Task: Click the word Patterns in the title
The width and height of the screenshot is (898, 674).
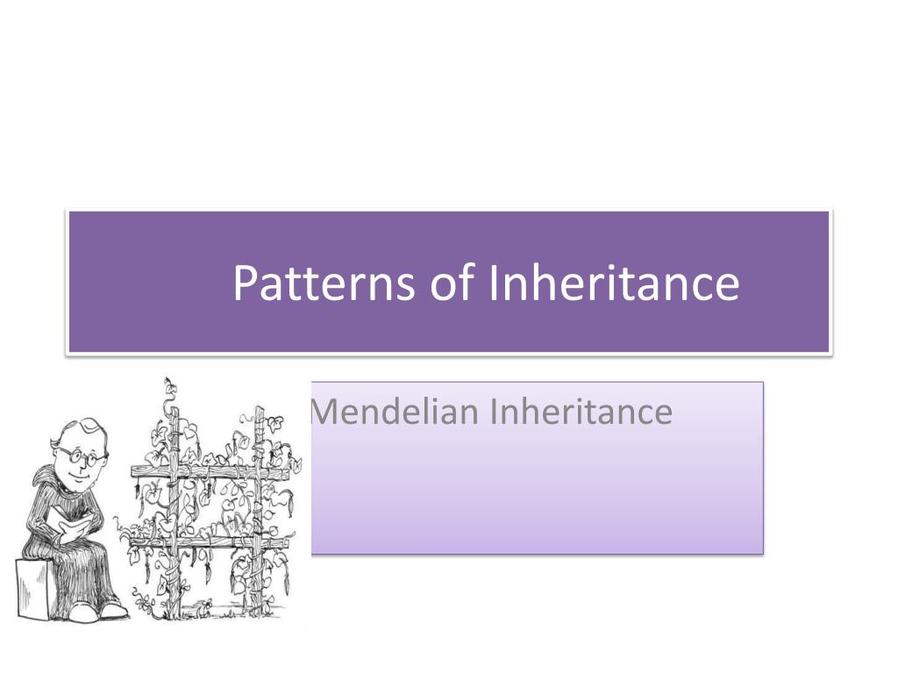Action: pyautogui.click(x=324, y=283)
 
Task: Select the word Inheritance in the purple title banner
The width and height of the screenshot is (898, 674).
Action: pyautogui.click(x=614, y=283)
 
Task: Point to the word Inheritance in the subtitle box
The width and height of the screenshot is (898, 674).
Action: pyautogui.click(x=581, y=412)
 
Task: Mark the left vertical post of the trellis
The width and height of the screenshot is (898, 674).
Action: pyautogui.click(x=173, y=500)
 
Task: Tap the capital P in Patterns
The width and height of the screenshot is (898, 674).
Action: pyautogui.click(x=245, y=283)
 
